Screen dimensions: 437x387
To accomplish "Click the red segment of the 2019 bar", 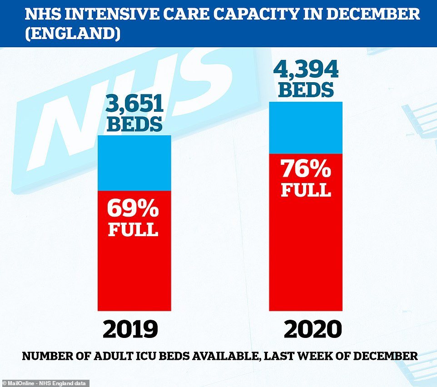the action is (134, 251).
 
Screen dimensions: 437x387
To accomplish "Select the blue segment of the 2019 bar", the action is (134, 163).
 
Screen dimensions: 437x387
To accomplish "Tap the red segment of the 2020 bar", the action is (306, 232).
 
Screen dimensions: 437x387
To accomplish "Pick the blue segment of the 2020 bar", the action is (306, 128).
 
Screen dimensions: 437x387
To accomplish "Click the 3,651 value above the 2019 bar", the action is (134, 104).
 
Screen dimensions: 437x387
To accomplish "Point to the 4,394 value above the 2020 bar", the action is (306, 69).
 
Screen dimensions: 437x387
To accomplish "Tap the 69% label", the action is (133, 208).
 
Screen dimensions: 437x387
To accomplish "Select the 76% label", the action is (306, 169).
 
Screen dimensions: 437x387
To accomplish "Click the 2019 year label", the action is (130, 329).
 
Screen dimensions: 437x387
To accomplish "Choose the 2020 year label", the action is (313, 329).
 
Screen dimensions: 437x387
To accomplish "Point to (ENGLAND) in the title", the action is (73, 34).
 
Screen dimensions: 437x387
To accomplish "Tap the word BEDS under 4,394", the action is (306, 89).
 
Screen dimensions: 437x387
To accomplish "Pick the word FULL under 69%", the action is (133, 229).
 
